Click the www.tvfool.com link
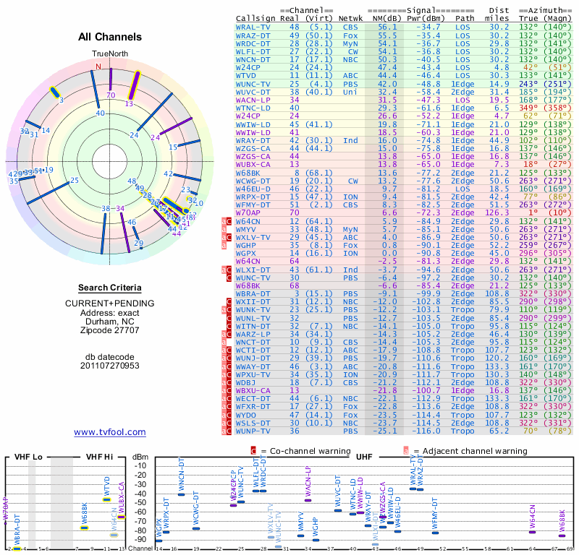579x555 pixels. pos(110,432)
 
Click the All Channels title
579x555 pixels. pos(110,37)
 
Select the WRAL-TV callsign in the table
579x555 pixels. pos(254,27)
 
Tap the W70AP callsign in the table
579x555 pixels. pos(248,213)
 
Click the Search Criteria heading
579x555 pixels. pos(110,288)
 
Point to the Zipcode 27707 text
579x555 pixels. pos(110,330)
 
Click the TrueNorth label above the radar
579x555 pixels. pos(109,54)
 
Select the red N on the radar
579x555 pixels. pos(98,67)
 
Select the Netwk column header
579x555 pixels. pos(351,17)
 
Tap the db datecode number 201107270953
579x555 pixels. pos(110,365)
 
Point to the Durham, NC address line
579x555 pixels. pos(110,321)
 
